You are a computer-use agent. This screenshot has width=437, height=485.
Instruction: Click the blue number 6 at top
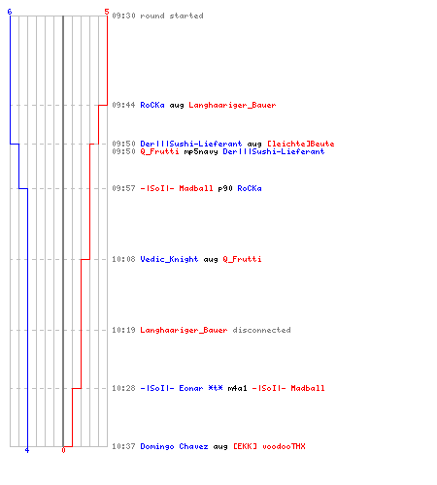tap(10, 12)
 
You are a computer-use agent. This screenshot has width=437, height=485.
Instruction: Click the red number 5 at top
tap(107, 12)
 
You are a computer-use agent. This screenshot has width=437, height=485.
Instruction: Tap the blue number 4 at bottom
tap(27, 450)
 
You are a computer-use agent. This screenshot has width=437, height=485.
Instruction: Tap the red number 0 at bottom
tap(63, 450)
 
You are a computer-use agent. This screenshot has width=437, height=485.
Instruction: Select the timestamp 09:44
tap(123, 105)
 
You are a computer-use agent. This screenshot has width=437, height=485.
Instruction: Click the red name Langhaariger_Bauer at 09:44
tap(232, 105)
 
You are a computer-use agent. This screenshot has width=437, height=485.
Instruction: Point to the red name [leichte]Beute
tap(301, 144)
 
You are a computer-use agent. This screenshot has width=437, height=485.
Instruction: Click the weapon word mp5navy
tap(201, 151)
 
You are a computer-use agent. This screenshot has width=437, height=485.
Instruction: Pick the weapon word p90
tap(225, 188)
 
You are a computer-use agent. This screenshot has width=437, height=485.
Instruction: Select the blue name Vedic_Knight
tap(169, 259)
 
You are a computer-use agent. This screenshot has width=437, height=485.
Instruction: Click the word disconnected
tap(261, 330)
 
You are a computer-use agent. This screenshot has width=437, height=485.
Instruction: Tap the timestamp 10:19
tap(123, 330)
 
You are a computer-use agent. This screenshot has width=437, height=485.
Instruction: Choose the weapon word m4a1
tap(237, 388)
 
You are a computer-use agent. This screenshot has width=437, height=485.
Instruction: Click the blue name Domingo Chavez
tap(174, 446)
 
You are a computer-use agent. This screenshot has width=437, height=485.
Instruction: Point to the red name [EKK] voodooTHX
tap(269, 446)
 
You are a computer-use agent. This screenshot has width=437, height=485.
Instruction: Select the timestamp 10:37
tap(123, 446)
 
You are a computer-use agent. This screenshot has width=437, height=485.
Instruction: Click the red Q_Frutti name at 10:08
tap(242, 259)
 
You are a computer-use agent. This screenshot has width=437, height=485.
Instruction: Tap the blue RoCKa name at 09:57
tap(250, 188)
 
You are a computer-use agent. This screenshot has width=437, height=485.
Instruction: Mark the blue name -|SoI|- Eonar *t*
tap(182, 388)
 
